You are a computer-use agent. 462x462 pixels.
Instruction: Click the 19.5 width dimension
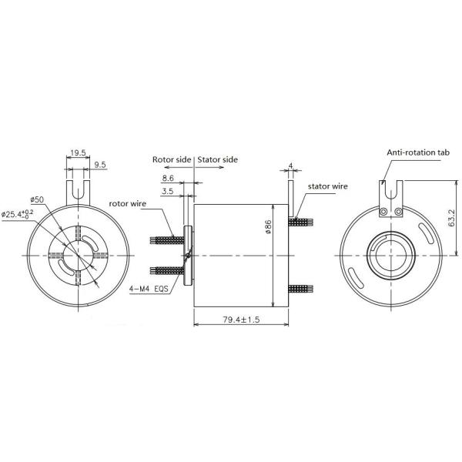tap(78, 153)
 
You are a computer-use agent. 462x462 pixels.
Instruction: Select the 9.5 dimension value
tap(99, 164)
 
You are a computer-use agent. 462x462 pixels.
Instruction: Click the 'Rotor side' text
tap(171, 159)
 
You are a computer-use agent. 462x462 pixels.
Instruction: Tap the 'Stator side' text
tap(218, 159)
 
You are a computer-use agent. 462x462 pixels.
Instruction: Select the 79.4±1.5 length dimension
tap(240, 317)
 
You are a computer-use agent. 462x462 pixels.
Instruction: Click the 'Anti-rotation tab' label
tap(417, 153)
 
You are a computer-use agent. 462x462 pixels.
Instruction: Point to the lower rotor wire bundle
tap(165, 270)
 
